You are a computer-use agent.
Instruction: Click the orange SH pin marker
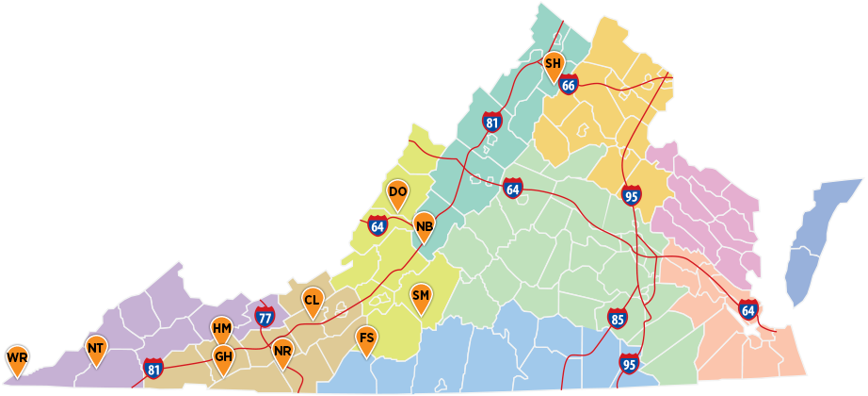point(554,65)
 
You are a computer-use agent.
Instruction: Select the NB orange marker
point(424,226)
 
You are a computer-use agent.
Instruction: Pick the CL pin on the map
point(312,302)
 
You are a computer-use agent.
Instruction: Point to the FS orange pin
point(366,339)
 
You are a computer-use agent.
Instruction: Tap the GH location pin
point(222,357)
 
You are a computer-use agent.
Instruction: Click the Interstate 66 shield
point(568,85)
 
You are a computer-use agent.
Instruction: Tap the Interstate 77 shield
point(265,318)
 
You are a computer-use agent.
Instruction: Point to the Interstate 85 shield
point(617,319)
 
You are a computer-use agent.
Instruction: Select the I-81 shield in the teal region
point(491,122)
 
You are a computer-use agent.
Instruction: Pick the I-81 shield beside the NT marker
point(153,369)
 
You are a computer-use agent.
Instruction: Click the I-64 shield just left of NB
point(378,226)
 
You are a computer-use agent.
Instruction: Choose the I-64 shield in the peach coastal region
point(747,309)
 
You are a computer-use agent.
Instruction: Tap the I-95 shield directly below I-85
point(629,363)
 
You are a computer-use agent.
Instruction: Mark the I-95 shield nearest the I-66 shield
point(632,195)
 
